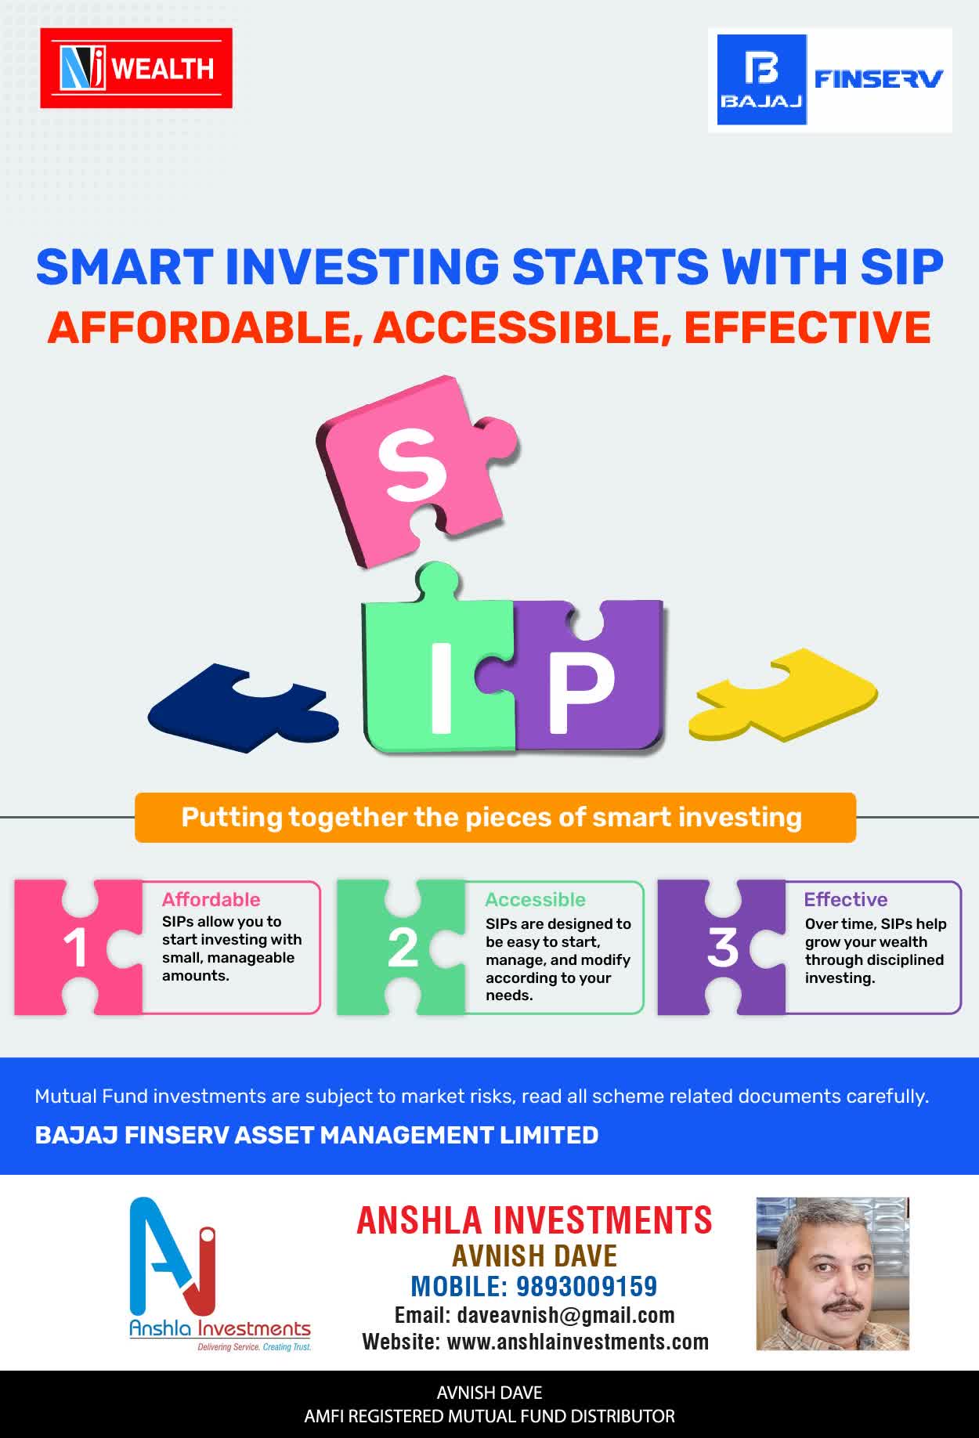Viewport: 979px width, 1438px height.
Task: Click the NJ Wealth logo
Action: point(136,68)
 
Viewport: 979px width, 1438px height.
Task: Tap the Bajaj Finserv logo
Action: point(830,80)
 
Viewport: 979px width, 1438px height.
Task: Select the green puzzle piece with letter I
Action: point(436,666)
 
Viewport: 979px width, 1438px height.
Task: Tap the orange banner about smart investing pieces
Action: point(495,818)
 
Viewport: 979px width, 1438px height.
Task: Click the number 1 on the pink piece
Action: point(75,948)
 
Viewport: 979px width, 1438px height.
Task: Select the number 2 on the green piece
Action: point(403,948)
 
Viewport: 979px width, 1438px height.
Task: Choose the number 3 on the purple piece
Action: point(722,948)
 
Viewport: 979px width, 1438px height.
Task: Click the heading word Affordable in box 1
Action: point(211,899)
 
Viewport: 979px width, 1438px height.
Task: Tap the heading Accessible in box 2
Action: point(535,899)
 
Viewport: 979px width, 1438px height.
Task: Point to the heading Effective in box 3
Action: point(846,899)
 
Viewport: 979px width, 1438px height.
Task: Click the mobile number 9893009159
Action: point(587,1286)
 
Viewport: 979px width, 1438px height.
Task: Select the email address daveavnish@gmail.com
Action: point(566,1315)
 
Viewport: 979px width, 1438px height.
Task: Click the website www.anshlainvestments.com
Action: point(578,1342)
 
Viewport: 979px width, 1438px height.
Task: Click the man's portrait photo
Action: point(833,1274)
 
